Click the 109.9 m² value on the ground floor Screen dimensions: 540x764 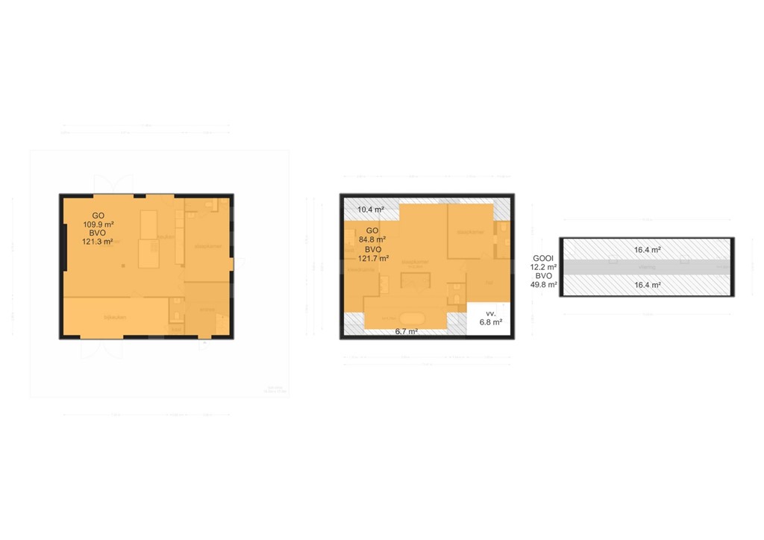coord(97,224)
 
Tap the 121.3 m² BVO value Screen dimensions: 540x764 coord(97,242)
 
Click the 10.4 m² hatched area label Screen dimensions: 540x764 coord(369,210)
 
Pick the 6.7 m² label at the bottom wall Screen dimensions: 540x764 coord(406,331)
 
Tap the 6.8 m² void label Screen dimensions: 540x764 coord(490,323)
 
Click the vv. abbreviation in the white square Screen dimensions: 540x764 coord(490,314)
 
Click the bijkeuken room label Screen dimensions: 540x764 coord(113,318)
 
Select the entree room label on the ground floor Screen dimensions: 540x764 coord(207,309)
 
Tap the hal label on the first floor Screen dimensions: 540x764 coord(489,283)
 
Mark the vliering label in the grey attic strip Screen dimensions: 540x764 coord(646,267)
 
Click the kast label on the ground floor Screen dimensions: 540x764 coord(176,329)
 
